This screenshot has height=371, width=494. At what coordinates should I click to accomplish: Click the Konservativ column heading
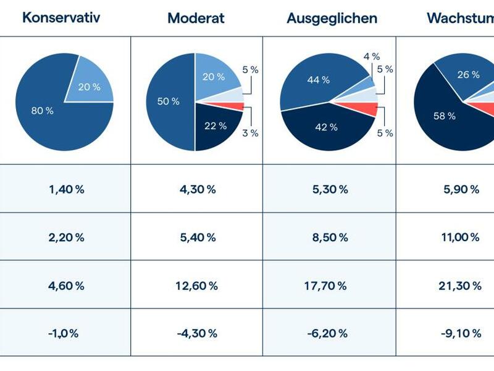coord(61,17)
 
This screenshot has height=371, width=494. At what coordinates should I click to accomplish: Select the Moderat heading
coord(196,18)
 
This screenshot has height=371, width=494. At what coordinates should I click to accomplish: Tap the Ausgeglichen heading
coord(332,18)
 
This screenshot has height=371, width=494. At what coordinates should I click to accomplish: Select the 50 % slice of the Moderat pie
coord(168,101)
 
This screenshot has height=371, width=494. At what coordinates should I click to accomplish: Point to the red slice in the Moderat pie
coord(235,106)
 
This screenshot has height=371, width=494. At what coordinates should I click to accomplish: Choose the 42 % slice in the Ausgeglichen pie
coord(325,127)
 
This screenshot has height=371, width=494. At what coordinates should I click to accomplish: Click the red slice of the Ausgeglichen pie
coord(367,109)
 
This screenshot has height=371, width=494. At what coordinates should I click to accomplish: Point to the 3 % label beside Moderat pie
coord(250,133)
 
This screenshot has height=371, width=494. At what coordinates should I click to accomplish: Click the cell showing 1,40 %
coord(66,189)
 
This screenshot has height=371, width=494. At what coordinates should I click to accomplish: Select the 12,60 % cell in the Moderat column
coord(196,285)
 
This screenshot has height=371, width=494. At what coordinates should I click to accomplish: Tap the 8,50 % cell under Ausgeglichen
coord(330,237)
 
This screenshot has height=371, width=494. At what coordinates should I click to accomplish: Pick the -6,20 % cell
coord(330,333)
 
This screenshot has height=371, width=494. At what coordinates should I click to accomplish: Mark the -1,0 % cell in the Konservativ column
coord(63,333)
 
